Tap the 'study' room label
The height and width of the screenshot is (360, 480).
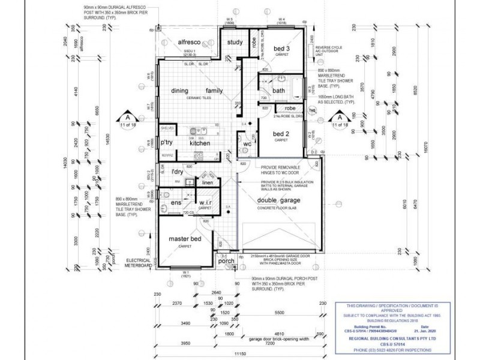[235, 42]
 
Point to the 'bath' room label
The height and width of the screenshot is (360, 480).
[278, 91]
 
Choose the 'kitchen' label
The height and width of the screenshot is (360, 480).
[200, 143]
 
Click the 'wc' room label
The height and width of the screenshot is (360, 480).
[247, 144]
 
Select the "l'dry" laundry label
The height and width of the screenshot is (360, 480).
[177, 173]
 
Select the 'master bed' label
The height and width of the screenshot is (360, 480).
[184, 238]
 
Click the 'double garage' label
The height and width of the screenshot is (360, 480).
[279, 200]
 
